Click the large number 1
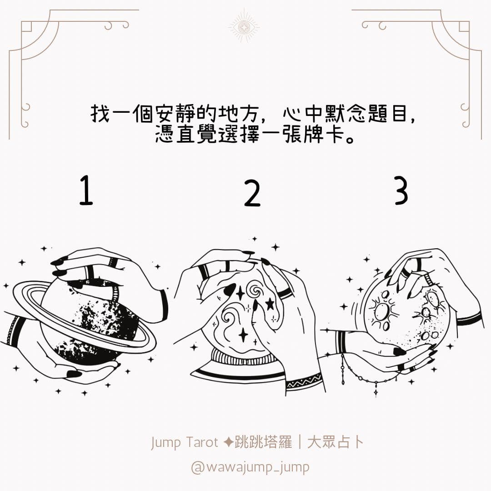[x=86, y=190]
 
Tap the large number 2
[x=252, y=194]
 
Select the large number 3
[x=401, y=190]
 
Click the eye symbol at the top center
[x=244, y=27]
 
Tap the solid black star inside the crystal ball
[x=269, y=303]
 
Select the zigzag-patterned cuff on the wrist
[x=304, y=381]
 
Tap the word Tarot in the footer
[x=202, y=442]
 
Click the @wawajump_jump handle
[x=250, y=467]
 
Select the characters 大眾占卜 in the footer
[x=336, y=442]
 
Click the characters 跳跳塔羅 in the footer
[x=263, y=442]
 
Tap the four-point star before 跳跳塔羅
[x=229, y=442]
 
